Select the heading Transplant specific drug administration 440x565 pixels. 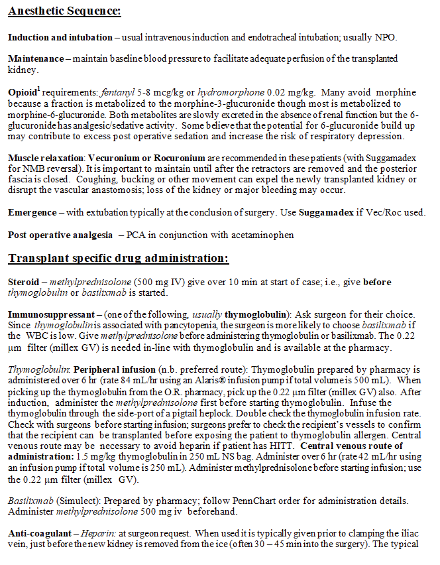click(118, 258)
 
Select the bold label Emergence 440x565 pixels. click(30, 213)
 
